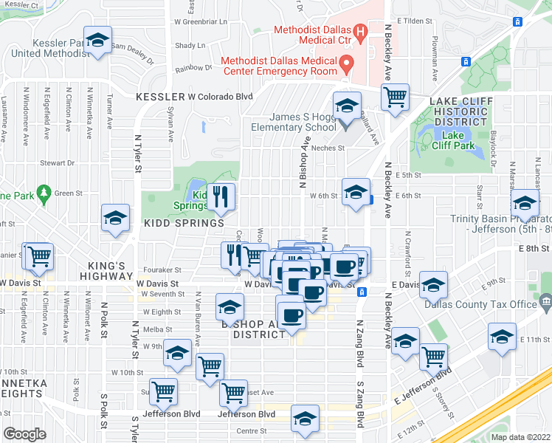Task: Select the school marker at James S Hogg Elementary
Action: [x=345, y=107]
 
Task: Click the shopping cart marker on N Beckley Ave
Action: [x=396, y=97]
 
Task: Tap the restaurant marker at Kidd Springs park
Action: [x=220, y=196]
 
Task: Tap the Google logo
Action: [x=24, y=434]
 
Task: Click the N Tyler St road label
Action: [x=137, y=154]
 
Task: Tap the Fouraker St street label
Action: [x=163, y=270]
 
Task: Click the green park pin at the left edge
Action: [x=43, y=193]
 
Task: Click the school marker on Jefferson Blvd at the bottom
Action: [x=304, y=419]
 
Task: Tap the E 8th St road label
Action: [x=534, y=249]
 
